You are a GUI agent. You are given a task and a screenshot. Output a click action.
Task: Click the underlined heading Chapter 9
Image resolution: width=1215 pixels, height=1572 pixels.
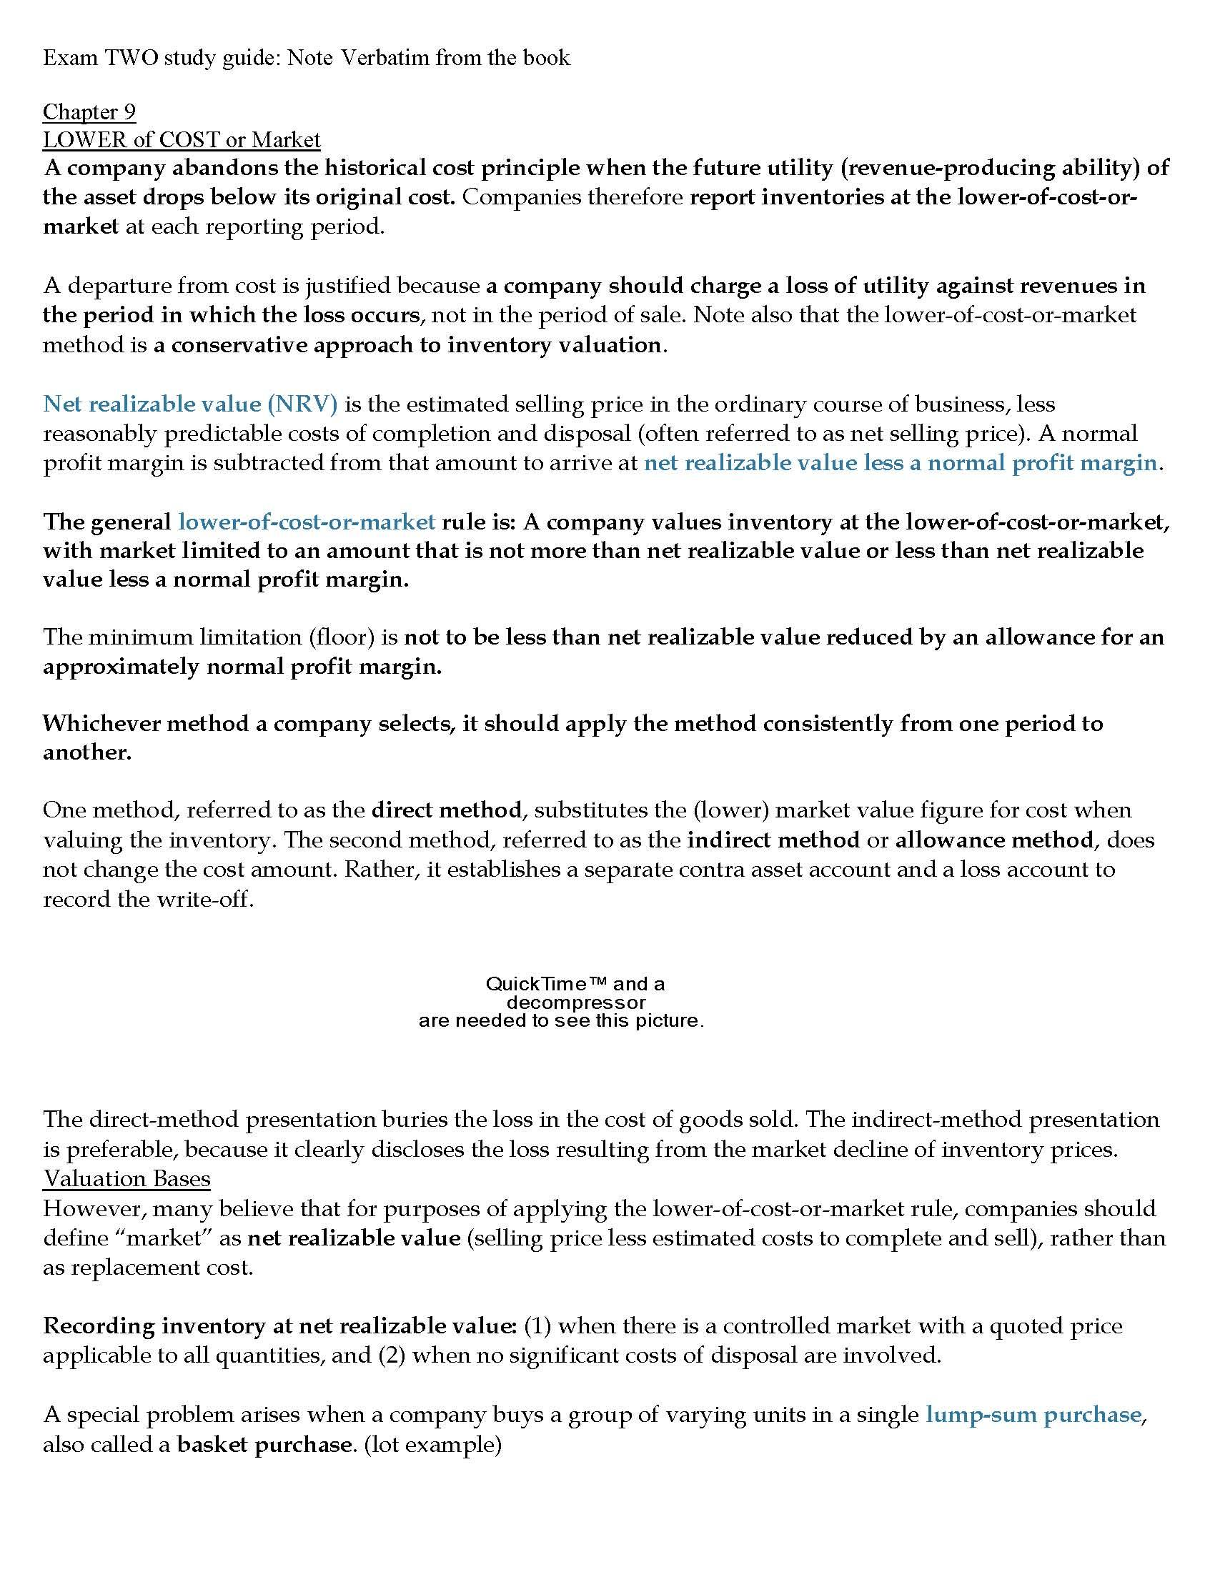89,111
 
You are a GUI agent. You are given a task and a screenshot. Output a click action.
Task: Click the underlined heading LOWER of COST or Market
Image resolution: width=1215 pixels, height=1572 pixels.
182,139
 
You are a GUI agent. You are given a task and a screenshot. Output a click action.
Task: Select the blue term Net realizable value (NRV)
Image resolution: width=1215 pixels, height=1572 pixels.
190,404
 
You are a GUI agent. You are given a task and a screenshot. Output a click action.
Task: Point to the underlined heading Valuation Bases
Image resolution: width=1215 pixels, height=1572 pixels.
127,1178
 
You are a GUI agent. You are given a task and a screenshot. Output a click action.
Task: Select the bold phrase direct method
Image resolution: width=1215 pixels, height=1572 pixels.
446,810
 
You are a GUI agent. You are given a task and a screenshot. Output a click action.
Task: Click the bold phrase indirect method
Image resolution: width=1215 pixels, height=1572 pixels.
773,840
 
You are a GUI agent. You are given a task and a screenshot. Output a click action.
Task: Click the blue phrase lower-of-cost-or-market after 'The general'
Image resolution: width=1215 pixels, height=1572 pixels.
307,521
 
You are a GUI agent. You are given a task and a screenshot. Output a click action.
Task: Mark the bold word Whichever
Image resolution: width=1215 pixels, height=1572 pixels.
101,722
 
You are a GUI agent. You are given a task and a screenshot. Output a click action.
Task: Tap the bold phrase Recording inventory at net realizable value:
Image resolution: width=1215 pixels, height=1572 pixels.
280,1325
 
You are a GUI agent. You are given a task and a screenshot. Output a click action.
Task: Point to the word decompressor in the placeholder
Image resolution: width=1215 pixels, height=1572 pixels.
576,1002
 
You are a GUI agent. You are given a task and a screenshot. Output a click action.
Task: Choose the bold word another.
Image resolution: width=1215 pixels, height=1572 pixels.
87,752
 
